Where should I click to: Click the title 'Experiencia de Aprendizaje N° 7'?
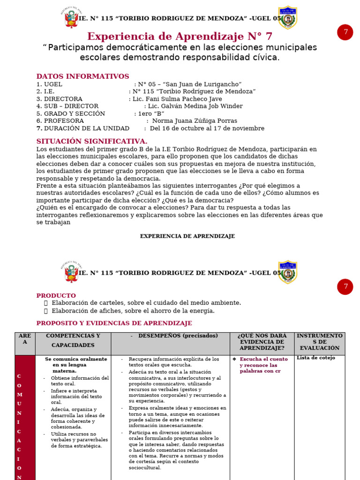click(x=180, y=37)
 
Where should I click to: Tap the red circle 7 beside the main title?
click(x=345, y=32)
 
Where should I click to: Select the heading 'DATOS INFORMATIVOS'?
click(x=82, y=76)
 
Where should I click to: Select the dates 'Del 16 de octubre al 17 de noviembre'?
click(x=207, y=128)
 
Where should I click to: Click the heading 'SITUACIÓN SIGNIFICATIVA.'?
click(x=92, y=141)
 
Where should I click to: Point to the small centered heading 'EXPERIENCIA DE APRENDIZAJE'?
click(x=187, y=236)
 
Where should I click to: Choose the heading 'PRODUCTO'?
click(x=56, y=296)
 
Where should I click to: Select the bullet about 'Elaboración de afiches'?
click(x=133, y=311)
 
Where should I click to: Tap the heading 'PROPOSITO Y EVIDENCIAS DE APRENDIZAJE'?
click(x=114, y=323)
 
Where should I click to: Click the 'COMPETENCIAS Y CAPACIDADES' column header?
click(x=73, y=341)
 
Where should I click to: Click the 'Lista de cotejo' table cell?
click(x=316, y=358)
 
